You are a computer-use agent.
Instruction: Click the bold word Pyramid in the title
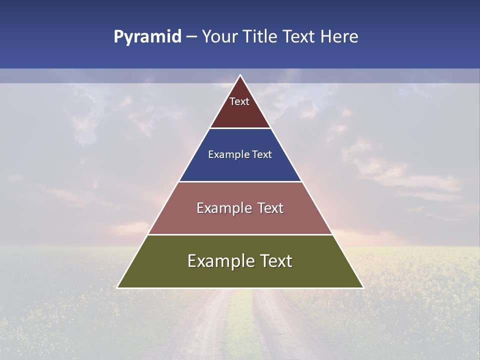pos(147,37)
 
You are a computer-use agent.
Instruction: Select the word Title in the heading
pos(261,36)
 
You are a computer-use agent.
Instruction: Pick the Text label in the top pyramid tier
pos(239,101)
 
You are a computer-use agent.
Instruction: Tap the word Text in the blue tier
pos(262,154)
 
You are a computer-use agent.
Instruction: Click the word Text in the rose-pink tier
pos(270,208)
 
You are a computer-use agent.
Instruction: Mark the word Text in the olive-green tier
pos(275,261)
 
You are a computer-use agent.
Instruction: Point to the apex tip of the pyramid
pos(240,75)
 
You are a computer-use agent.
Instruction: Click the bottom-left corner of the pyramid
pos(117,287)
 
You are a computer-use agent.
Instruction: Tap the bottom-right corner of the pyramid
pos(363,287)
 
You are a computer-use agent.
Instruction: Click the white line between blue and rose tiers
pos(240,181)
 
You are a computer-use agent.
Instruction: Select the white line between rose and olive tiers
pos(240,234)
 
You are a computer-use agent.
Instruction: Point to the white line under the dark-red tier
pos(240,128)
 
